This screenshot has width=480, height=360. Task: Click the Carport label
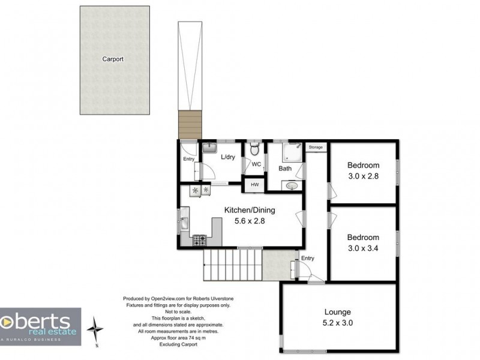(x=113, y=59)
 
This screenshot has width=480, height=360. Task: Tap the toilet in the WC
(x=254, y=149)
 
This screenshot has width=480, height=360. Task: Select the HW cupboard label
(x=254, y=185)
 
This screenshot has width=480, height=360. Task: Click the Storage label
(x=316, y=147)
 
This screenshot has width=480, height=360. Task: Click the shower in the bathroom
(x=292, y=152)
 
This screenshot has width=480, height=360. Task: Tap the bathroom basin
(x=292, y=185)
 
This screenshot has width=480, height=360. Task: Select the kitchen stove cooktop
(x=199, y=241)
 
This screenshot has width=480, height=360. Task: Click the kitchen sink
(x=185, y=218)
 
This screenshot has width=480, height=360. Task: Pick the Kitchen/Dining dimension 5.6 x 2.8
(x=250, y=221)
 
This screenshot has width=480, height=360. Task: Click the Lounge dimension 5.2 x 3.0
(x=338, y=323)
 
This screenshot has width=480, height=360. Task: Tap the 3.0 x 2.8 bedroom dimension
(x=364, y=176)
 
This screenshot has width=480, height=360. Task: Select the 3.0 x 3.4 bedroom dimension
(x=363, y=248)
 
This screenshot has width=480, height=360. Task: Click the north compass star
(x=95, y=329)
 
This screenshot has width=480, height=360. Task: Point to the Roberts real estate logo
(x=40, y=326)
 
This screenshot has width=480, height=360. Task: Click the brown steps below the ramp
(x=190, y=125)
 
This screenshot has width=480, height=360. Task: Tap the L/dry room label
(x=228, y=157)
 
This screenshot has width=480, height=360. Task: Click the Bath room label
(x=285, y=169)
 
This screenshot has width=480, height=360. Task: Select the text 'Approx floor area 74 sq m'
(x=178, y=338)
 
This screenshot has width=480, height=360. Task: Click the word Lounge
(x=338, y=312)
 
